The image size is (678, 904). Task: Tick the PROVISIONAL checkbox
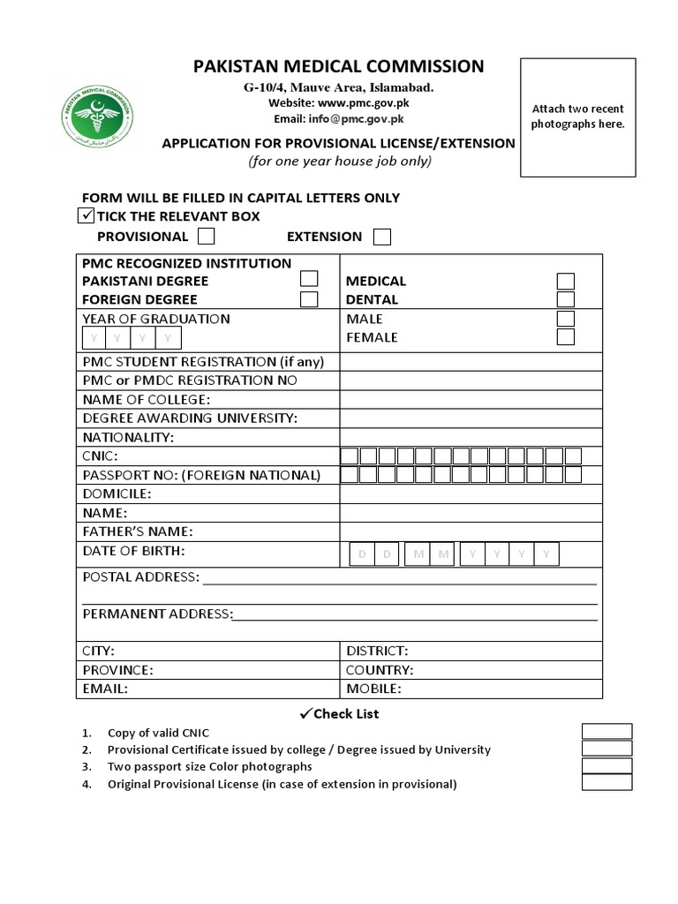click(x=207, y=236)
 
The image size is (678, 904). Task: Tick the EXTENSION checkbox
click(x=381, y=236)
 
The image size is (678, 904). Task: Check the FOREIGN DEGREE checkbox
click(x=309, y=298)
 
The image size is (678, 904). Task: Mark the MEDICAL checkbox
click(x=565, y=281)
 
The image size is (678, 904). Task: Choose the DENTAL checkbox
click(x=565, y=299)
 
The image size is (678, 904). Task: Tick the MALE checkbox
click(x=565, y=319)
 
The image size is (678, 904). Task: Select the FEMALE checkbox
click(x=565, y=337)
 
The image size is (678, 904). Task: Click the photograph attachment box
click(x=577, y=117)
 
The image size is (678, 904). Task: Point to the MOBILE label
click(x=373, y=689)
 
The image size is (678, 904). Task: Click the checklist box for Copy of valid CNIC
click(x=606, y=731)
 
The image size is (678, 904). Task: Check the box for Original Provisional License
click(x=606, y=782)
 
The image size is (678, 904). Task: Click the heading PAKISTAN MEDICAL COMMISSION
click(x=339, y=66)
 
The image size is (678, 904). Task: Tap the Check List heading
click(x=339, y=713)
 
